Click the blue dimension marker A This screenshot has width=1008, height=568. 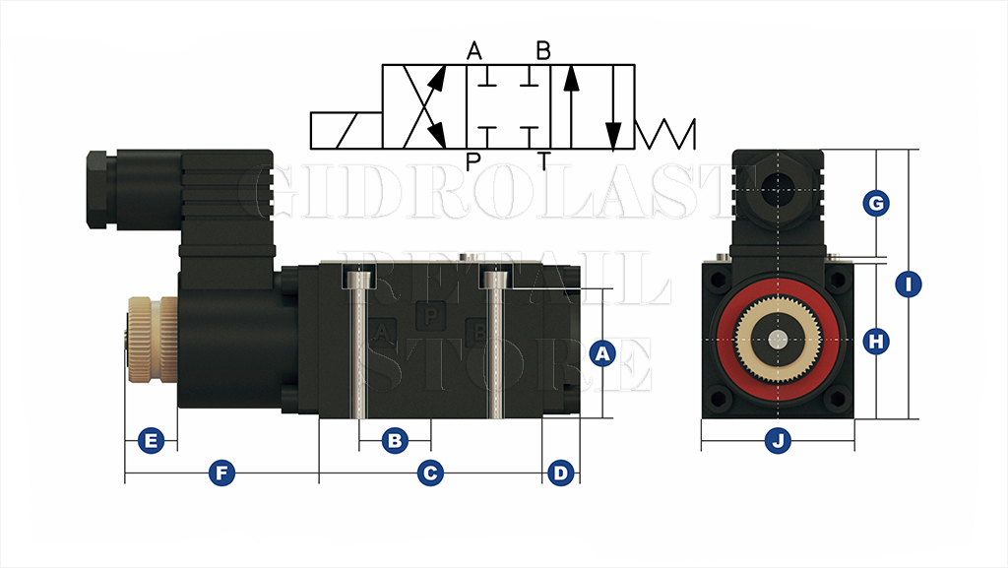point(602,353)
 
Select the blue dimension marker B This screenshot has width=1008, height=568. point(395,441)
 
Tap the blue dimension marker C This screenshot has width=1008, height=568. point(430,473)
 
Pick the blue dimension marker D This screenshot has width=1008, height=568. point(560,473)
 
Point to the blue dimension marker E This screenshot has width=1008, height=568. point(151,441)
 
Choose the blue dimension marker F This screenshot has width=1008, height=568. point(221,473)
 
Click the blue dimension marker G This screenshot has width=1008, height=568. point(875,203)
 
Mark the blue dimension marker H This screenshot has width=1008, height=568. point(875,341)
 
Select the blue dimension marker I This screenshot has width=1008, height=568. point(909,284)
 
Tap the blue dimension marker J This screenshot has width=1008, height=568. point(778,441)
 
